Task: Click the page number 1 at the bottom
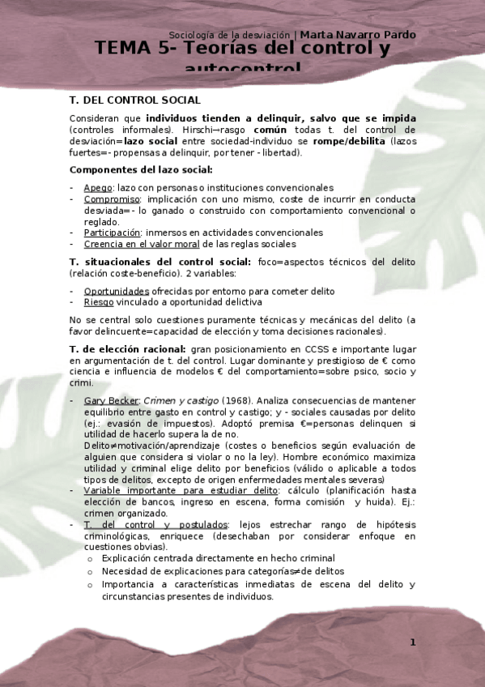click(412, 642)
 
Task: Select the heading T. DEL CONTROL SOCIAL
click(135, 100)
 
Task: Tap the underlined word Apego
click(98, 187)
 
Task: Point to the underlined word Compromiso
click(112, 198)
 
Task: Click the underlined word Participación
click(113, 233)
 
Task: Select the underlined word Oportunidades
click(117, 290)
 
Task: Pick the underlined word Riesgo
click(99, 301)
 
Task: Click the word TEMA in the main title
click(126, 49)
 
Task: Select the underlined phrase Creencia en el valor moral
click(134, 244)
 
